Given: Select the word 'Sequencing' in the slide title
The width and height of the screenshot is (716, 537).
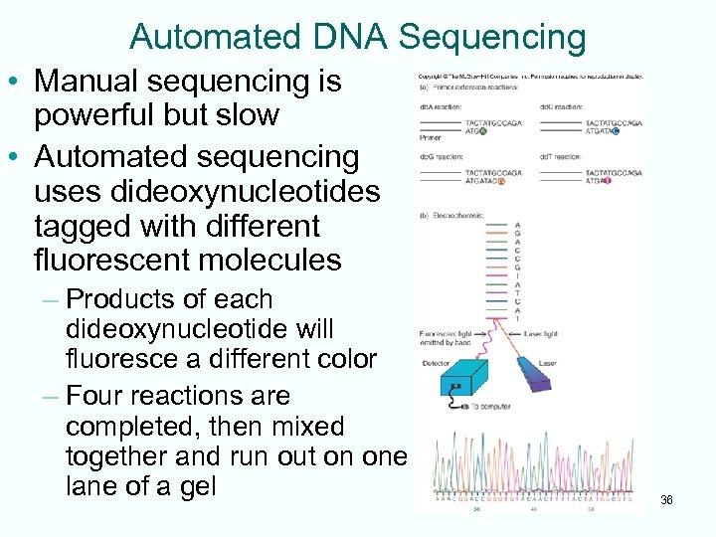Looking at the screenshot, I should pos(492,37).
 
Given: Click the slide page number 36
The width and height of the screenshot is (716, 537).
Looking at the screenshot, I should pos(666,500).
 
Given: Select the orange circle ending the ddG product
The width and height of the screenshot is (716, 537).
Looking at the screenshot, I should pos(502,181).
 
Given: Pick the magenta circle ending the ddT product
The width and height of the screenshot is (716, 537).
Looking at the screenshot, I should pos(607,181).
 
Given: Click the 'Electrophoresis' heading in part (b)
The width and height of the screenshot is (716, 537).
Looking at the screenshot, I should pos(452,215).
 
